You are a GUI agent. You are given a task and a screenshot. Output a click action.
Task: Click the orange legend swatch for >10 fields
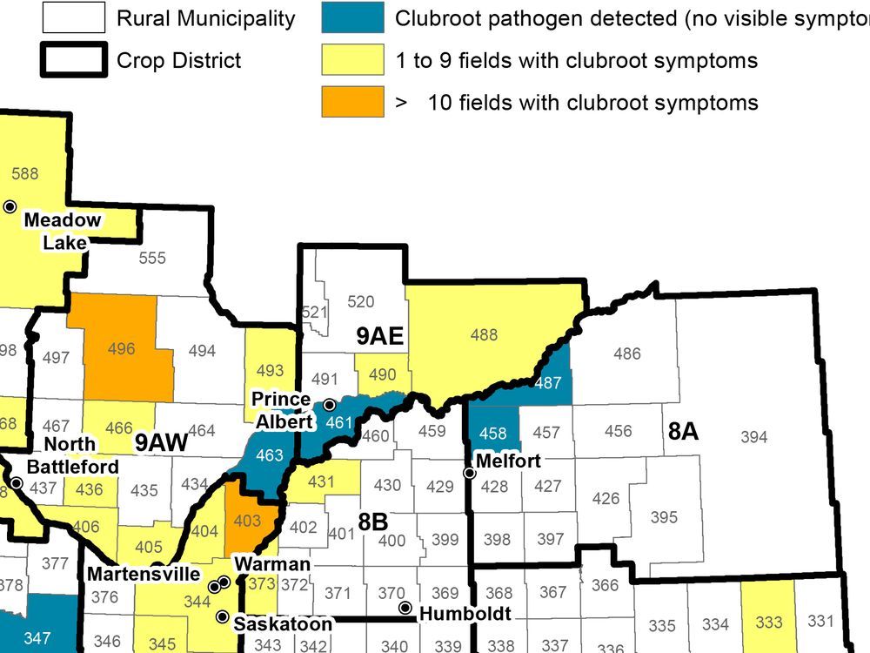[353, 102]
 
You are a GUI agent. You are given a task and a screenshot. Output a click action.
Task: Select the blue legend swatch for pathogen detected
[353, 17]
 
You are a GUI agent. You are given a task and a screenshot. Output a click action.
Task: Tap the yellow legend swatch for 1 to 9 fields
[353, 59]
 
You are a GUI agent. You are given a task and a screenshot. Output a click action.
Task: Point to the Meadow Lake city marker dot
[10, 206]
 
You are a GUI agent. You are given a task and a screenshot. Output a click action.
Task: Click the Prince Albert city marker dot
[330, 405]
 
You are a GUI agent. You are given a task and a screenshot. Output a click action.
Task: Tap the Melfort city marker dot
[470, 473]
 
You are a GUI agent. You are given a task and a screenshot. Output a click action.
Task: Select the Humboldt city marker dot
[405, 607]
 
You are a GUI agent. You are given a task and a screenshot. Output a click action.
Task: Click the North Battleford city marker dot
[16, 481]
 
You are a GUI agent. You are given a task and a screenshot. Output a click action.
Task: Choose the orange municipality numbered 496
[121, 348]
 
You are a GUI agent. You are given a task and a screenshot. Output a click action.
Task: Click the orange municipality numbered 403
[247, 520]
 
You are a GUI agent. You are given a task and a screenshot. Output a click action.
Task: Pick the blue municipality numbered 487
[548, 382]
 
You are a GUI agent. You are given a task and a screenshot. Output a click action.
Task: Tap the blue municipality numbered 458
[493, 433]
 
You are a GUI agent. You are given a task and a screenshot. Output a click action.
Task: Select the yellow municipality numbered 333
[768, 623]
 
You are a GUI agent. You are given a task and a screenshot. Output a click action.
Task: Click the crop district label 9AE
[380, 336]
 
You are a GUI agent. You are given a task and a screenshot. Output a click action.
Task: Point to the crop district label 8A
[683, 431]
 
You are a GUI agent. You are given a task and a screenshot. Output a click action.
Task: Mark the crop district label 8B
[372, 522]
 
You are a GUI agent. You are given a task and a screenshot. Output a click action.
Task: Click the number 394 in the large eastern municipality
[753, 436]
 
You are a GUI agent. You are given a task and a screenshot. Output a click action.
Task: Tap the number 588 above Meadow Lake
[24, 173]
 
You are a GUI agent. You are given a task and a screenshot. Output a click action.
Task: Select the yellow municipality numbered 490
[383, 374]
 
